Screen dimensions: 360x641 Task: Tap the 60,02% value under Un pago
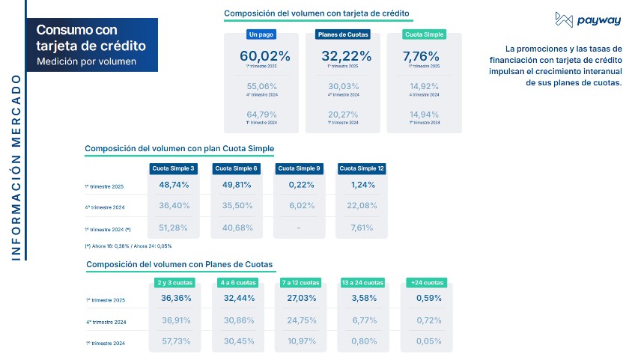pyautogui.click(x=258, y=55)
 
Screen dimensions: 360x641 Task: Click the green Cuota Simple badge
pyautogui.click(x=424, y=34)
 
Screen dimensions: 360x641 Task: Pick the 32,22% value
pyautogui.click(x=341, y=55)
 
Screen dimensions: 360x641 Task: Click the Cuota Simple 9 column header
pyautogui.click(x=300, y=168)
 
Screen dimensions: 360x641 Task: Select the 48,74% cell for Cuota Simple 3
pyautogui.click(x=174, y=185)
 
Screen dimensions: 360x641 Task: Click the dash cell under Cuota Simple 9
pyautogui.click(x=300, y=228)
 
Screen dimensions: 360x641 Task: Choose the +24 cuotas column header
pyautogui.click(x=426, y=282)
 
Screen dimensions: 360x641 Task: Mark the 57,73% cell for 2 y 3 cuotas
pyautogui.click(x=176, y=341)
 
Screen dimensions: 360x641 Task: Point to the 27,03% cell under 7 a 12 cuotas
pyautogui.click(x=300, y=298)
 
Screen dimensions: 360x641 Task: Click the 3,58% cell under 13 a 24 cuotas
pyautogui.click(x=362, y=298)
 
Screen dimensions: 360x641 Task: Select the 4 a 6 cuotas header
pyautogui.click(x=238, y=282)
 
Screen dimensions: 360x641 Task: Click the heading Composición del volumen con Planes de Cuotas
pyautogui.click(x=179, y=264)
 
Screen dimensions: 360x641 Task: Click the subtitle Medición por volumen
pyautogui.click(x=86, y=61)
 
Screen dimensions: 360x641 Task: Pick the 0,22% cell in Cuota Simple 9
pyautogui.click(x=300, y=185)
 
